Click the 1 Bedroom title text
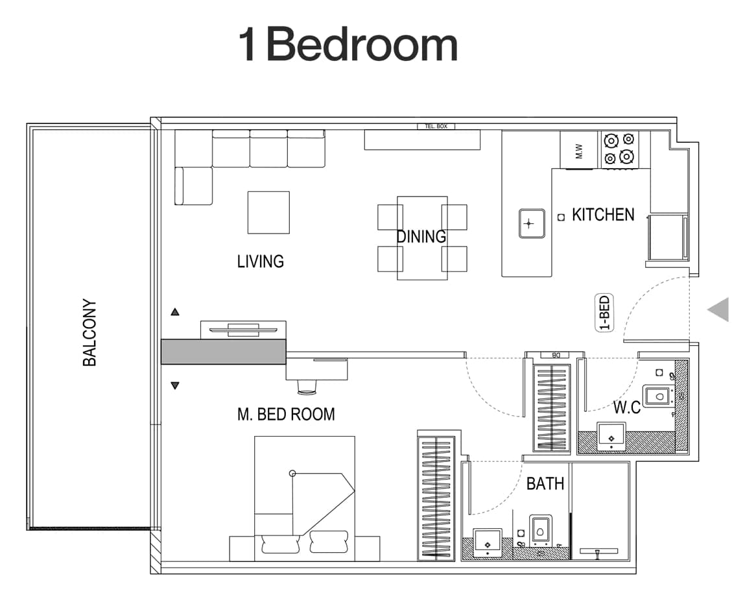pos(348,44)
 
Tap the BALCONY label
pos(89,332)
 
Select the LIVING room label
pos(260,261)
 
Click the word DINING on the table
pos(421,237)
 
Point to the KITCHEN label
pos(602,215)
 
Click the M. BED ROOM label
pos(286,414)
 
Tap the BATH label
pos(545,483)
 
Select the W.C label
pos(626,408)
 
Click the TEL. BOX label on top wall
pos(436,126)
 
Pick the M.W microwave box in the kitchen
pos(580,151)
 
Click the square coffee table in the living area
pos(268,212)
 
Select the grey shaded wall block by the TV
pos(223,351)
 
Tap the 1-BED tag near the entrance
pos(604,313)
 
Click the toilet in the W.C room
pos(659,395)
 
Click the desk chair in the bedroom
pos(307,387)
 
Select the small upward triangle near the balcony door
pos(174,312)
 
